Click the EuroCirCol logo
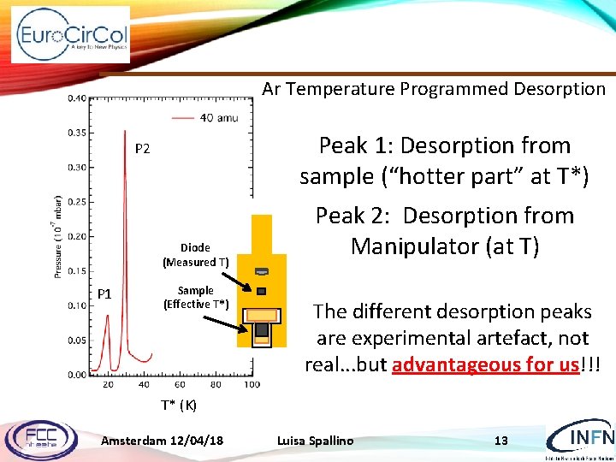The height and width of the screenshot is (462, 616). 71,35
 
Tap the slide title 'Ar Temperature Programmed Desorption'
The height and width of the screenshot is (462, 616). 434,89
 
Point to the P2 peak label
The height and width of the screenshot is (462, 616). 143,149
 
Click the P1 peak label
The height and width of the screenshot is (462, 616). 104,294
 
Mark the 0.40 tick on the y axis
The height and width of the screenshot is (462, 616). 78,98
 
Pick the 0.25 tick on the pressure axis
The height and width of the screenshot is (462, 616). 78,202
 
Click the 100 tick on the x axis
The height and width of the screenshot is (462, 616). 252,385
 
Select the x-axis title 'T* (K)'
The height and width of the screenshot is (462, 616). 179,405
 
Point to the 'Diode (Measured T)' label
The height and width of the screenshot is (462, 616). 195,255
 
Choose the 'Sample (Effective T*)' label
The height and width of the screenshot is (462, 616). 196,297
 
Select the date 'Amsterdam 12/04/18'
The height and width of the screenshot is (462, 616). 163,441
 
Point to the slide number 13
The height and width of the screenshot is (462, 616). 501,441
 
